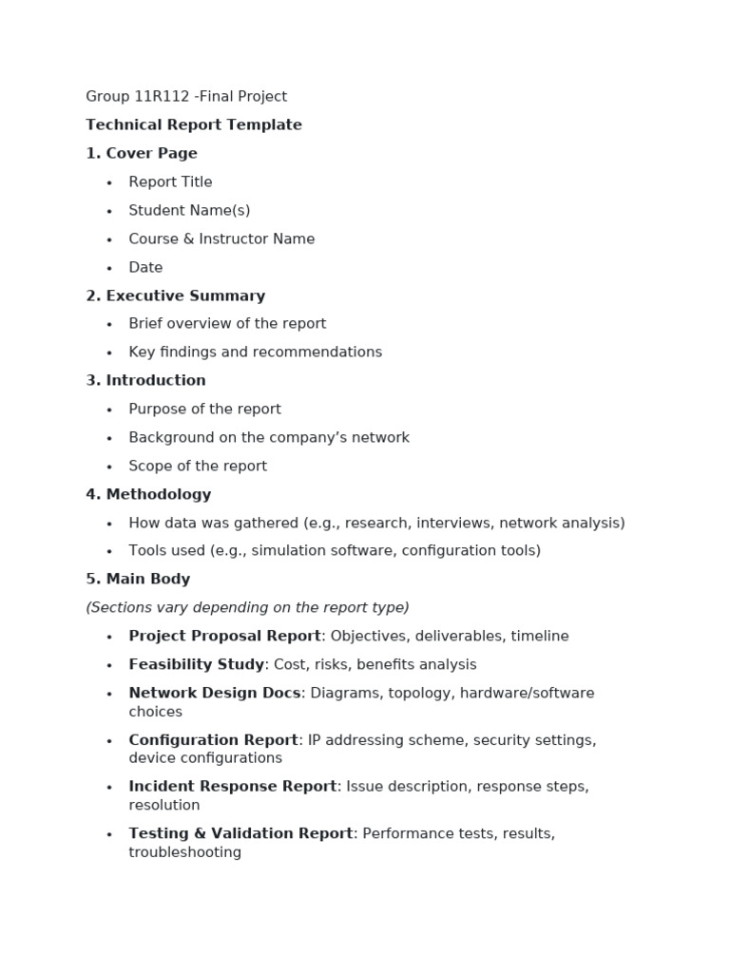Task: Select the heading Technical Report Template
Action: pyautogui.click(x=194, y=125)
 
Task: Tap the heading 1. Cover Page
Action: pyautogui.click(x=142, y=154)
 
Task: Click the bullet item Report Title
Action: pyautogui.click(x=170, y=182)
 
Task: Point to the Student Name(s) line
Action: pyautogui.click(x=189, y=211)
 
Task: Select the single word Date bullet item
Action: pyautogui.click(x=145, y=268)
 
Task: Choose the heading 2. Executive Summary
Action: pyautogui.click(x=176, y=296)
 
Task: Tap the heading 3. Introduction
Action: pyautogui.click(x=145, y=381)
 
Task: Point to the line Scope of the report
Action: pyautogui.click(x=198, y=467)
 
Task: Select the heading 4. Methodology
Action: pyautogui.click(x=148, y=495)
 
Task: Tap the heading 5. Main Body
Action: pyautogui.click(x=138, y=580)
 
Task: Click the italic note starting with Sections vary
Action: pyautogui.click(x=247, y=608)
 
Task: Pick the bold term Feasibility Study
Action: pyautogui.click(x=196, y=665)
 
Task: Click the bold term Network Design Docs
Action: pyautogui.click(x=215, y=694)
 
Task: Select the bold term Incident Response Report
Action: pyautogui.click(x=233, y=787)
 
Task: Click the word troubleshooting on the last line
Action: pyautogui.click(x=184, y=853)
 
